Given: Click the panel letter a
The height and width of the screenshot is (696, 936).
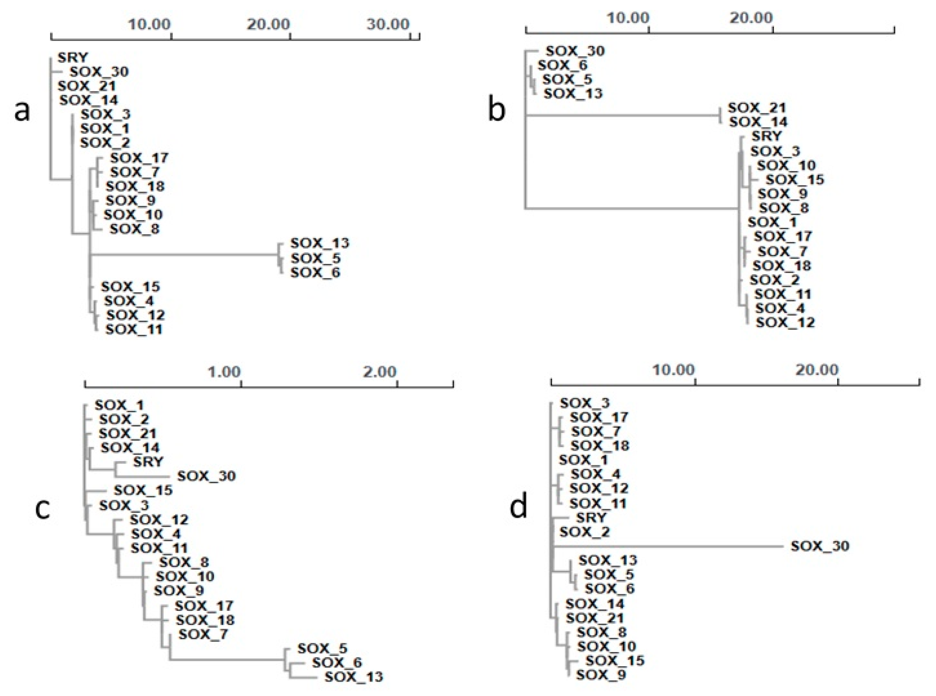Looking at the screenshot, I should pos(22,111).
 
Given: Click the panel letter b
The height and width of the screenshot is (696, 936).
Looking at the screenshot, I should pos(496,110).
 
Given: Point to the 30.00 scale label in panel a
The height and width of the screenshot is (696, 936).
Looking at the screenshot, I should pos(388,24).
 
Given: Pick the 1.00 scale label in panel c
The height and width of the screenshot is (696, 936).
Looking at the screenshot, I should pos(224,372).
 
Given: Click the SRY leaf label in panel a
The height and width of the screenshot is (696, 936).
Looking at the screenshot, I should pos(72,57).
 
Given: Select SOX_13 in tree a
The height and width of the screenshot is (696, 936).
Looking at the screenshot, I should pos(320,243).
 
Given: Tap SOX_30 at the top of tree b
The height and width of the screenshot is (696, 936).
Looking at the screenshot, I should pos(575,51).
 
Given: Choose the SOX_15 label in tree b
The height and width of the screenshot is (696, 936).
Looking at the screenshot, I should pos(795,180).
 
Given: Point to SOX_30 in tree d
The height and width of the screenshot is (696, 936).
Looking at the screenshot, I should pos(819,546).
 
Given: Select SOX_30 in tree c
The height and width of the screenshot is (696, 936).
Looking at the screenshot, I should pos(206,476).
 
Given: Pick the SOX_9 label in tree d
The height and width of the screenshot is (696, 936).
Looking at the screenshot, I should pos(601,674).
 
